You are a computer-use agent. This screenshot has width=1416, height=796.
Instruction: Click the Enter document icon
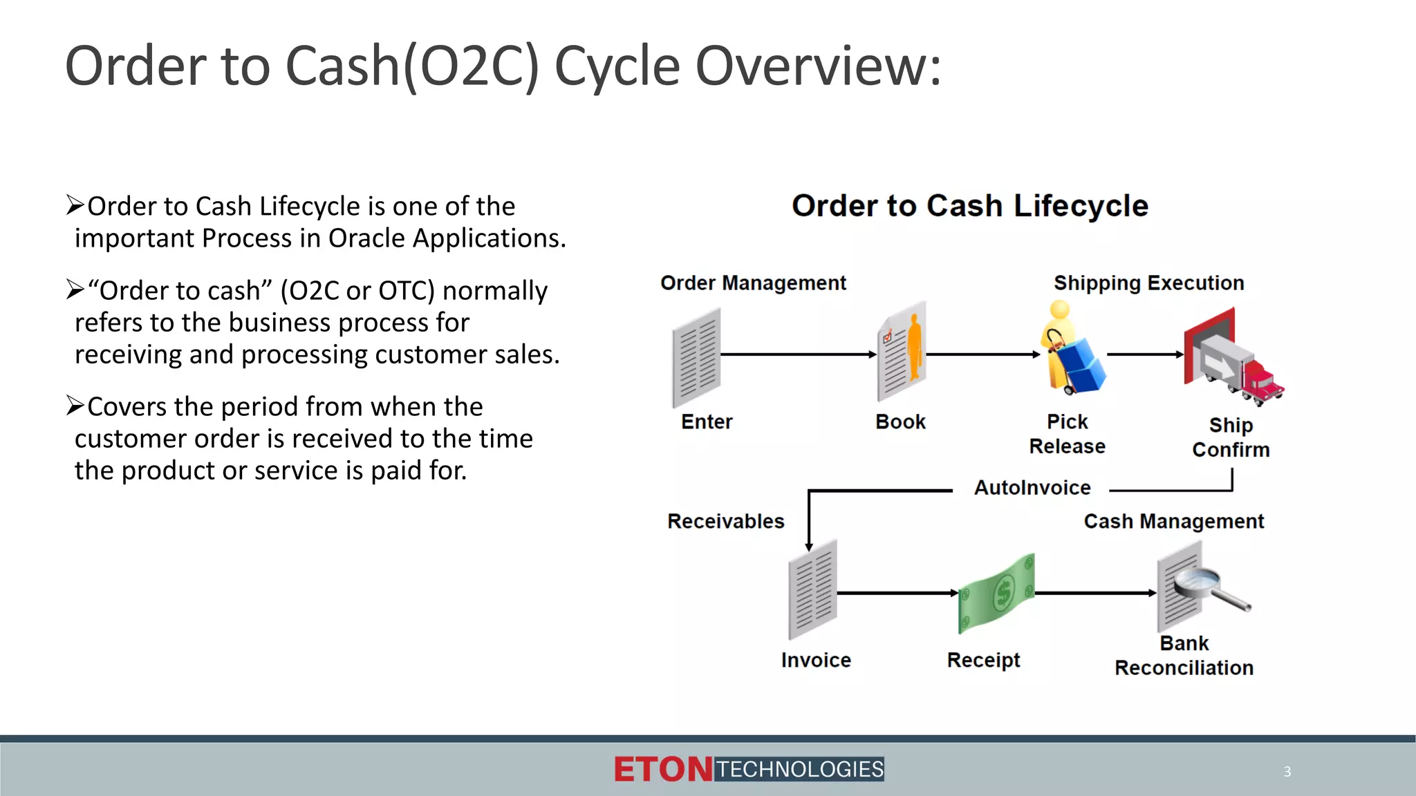696,357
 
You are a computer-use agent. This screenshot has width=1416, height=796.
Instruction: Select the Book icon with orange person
902,351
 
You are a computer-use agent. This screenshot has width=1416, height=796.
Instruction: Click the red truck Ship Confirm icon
1232,357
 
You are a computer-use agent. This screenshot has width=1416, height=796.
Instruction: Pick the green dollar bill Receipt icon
996,594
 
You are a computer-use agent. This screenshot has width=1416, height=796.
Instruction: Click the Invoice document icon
813,589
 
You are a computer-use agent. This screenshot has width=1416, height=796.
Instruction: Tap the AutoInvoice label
1032,488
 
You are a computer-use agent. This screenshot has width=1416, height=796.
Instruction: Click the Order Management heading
753,283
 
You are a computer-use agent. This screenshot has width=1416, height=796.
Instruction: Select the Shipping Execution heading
1148,283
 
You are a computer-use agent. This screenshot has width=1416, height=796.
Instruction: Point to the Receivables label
725,521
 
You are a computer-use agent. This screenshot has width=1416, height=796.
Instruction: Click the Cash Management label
1173,521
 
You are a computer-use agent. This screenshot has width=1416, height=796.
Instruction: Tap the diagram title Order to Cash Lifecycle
969,206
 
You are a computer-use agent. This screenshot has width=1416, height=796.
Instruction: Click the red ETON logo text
662,770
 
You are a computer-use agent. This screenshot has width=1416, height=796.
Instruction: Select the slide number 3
1287,772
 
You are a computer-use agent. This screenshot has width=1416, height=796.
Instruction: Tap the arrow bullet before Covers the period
75,406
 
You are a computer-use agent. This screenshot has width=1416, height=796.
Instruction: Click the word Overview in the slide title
817,66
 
